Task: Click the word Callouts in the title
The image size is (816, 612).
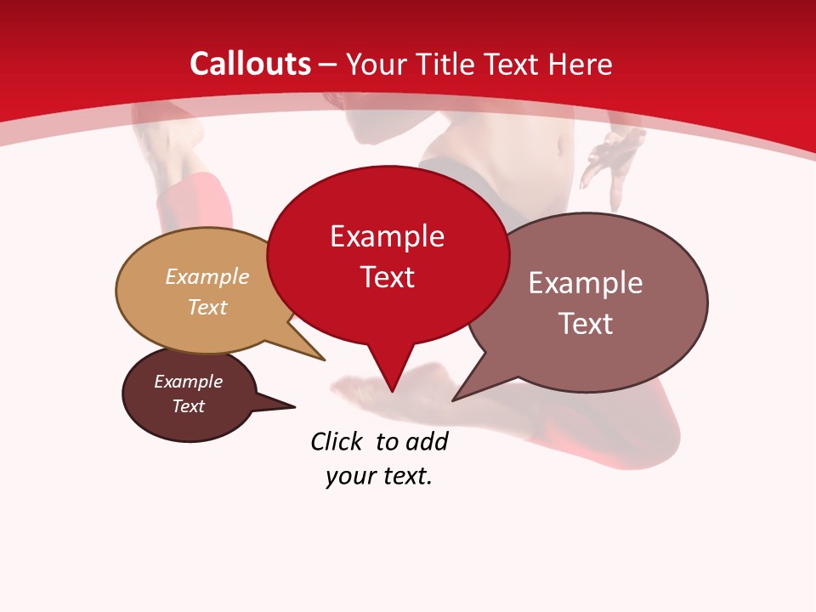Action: pyautogui.click(x=250, y=64)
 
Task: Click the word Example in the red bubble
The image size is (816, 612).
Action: pyautogui.click(x=387, y=236)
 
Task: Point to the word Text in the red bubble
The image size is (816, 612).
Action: pyautogui.click(x=387, y=276)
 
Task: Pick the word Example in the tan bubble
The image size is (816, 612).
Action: pyautogui.click(x=207, y=276)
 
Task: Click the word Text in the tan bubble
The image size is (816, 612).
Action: pyautogui.click(x=207, y=307)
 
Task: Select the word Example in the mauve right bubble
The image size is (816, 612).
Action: pyautogui.click(x=586, y=283)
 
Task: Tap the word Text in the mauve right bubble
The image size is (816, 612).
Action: pyautogui.click(x=586, y=323)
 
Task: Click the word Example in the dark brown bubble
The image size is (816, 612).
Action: pyautogui.click(x=188, y=382)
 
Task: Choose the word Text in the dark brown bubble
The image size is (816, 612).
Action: pyautogui.click(x=188, y=406)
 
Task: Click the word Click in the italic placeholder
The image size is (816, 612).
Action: pyautogui.click(x=336, y=442)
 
